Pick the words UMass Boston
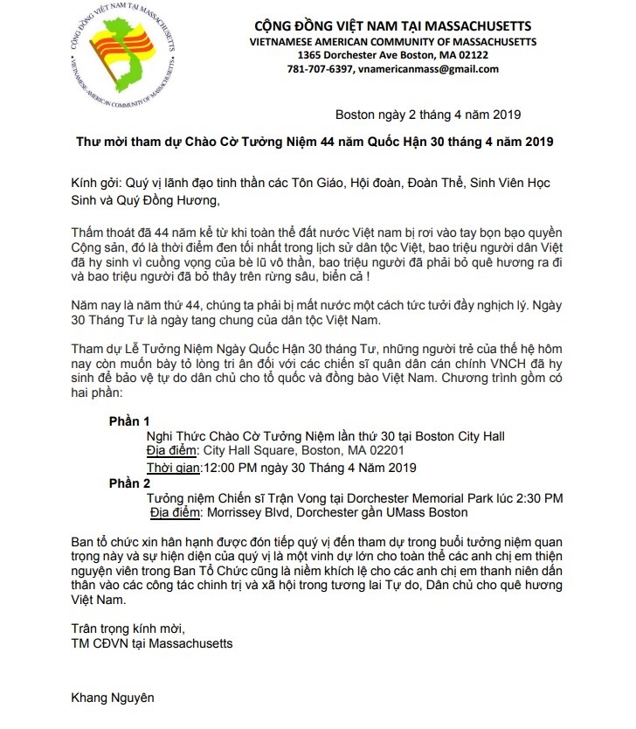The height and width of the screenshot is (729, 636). [x=426, y=512]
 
